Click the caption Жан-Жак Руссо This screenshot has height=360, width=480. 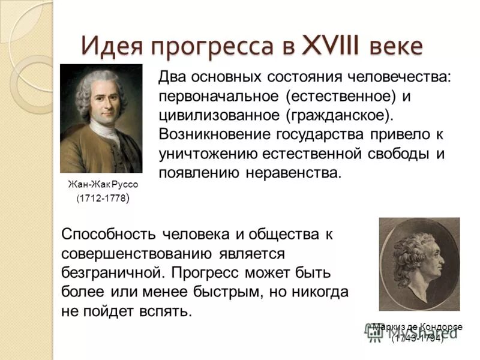tap(101, 185)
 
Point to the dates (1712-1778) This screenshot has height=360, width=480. tap(101, 199)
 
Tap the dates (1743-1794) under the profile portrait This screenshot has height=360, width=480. tap(418, 339)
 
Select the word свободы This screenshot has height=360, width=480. tap(395, 154)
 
